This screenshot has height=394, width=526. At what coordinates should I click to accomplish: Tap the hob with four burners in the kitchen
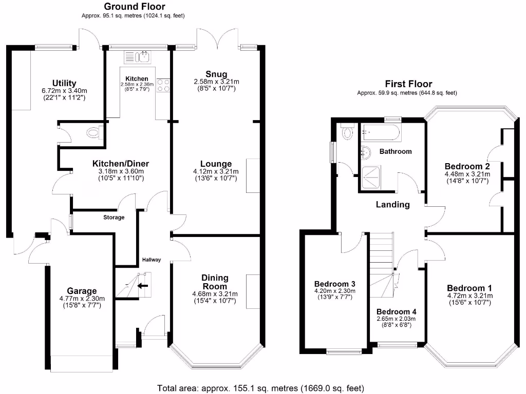[x=163, y=85]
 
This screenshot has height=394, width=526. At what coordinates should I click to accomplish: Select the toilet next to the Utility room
[x=93, y=133]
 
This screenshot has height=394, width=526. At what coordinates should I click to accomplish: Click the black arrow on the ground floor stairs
[x=143, y=286]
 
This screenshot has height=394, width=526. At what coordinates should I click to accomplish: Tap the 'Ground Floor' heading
[x=135, y=7]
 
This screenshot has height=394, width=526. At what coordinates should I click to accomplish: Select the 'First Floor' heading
[x=408, y=84]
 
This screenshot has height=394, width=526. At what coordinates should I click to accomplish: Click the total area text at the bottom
[x=260, y=388]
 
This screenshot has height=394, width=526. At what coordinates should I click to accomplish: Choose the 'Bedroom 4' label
[x=396, y=311]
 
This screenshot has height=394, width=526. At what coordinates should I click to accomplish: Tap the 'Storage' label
[x=114, y=218]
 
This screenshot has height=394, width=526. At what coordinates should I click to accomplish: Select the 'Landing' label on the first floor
[x=393, y=204]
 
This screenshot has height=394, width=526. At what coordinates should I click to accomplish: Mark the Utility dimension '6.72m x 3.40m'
[x=64, y=90]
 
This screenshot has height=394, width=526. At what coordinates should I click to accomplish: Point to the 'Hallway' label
[x=152, y=260]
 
